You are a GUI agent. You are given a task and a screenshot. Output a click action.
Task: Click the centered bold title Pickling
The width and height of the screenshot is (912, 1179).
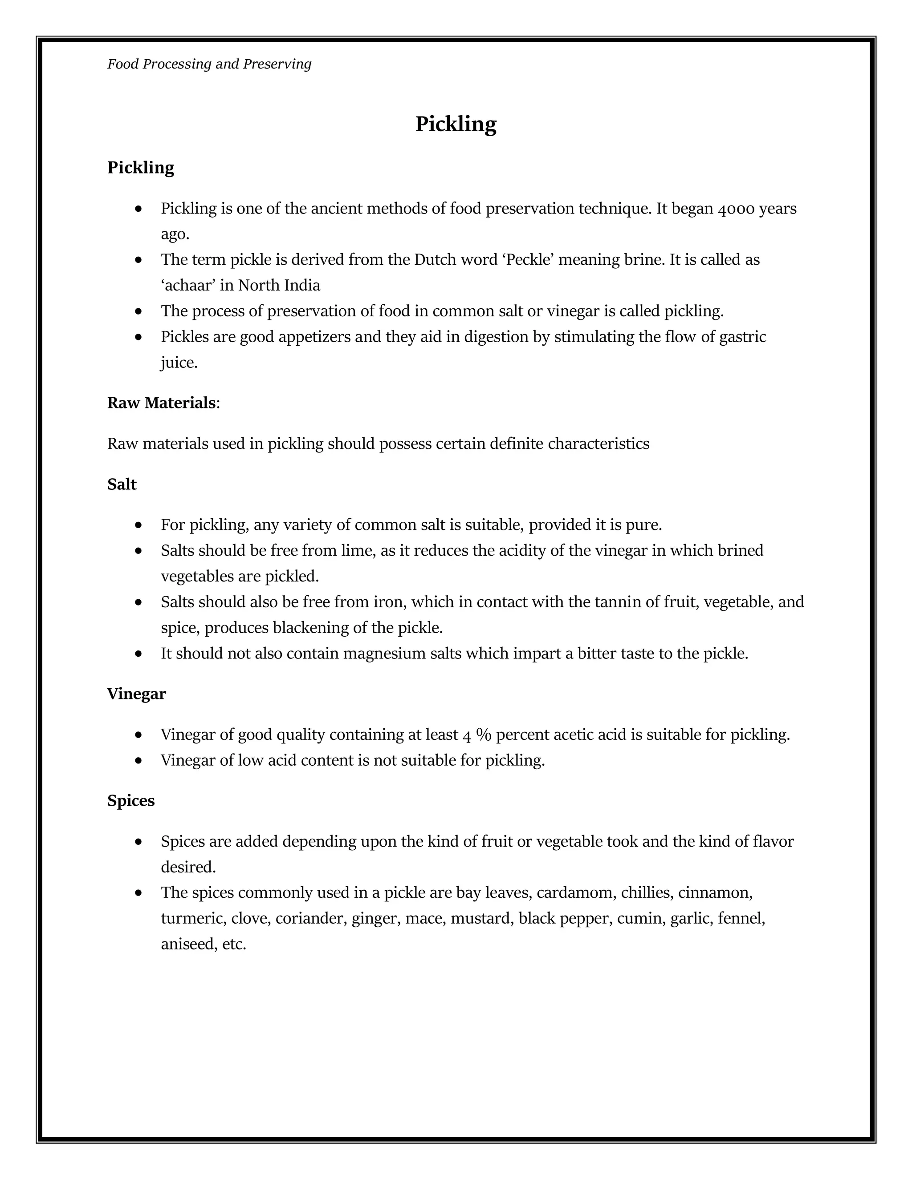(456, 124)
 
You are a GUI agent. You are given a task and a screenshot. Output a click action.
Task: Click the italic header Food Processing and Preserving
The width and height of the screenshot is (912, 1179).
(209, 64)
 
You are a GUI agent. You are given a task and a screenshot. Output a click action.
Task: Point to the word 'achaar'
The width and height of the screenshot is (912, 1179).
(188, 285)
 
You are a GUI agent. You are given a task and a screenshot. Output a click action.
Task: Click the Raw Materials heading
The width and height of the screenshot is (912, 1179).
(162, 403)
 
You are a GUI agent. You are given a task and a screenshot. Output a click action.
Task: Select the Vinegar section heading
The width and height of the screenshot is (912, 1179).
(136, 694)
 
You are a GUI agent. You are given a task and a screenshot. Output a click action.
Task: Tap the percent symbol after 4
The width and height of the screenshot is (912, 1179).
(484, 735)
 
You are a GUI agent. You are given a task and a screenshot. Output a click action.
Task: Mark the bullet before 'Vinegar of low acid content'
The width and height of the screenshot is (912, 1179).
(139, 761)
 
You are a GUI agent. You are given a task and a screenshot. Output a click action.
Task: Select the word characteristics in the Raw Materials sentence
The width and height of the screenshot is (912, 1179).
(598, 444)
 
